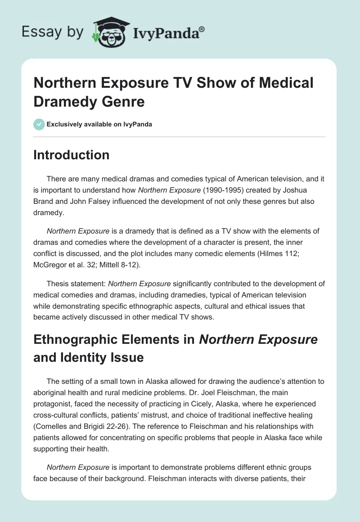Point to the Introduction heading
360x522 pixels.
point(71,155)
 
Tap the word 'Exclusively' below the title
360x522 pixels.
point(64,124)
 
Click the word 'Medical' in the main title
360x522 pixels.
point(278,84)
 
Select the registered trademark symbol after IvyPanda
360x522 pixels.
point(202,28)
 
